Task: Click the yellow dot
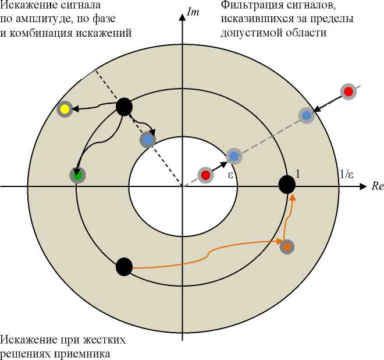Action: [x=65, y=109]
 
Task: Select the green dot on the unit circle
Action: [x=76, y=174]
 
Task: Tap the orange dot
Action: [x=287, y=246]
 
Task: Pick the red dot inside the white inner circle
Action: [x=205, y=175]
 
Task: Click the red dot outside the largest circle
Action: [x=348, y=91]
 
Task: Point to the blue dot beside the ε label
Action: [x=233, y=156]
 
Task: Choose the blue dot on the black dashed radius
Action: [x=147, y=140]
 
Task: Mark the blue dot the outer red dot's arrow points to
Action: [x=306, y=115]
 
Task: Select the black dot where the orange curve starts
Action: [x=124, y=266]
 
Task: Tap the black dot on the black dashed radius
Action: [x=125, y=107]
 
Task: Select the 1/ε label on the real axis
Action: [x=347, y=174]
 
